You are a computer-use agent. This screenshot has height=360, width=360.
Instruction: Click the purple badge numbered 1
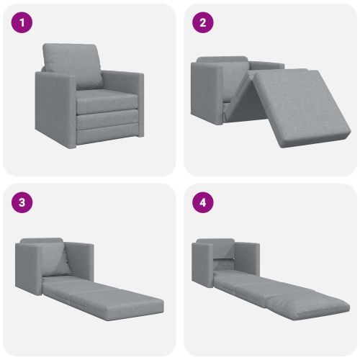22,23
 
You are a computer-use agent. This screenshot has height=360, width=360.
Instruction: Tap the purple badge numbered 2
203,23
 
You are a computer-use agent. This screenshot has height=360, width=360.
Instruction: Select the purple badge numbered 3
22,202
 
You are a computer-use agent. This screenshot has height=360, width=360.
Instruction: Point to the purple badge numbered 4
203,202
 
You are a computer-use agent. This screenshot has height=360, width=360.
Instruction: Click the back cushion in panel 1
72,65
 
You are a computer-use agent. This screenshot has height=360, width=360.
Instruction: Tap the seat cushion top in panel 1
107,95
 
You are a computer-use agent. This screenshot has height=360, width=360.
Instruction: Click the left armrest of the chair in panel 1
55,109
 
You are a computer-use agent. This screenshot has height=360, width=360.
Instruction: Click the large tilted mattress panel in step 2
301,108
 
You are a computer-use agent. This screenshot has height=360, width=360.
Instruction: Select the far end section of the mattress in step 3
117,304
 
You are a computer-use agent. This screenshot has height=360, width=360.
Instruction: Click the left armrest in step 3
29,269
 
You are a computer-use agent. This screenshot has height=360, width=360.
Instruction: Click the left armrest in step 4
203,264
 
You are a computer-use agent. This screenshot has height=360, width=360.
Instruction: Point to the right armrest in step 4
247,259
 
